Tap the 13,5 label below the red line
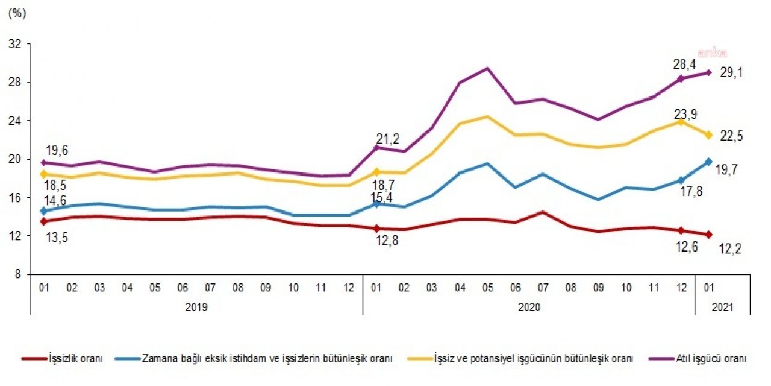click(x=55, y=238)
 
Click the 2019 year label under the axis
click(x=196, y=307)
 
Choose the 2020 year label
click(x=529, y=307)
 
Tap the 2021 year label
click(x=723, y=307)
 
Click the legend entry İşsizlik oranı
click(x=75, y=359)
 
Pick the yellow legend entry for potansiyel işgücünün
click(x=533, y=359)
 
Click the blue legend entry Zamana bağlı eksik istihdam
click(x=268, y=359)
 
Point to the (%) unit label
click(x=16, y=15)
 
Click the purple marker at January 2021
click(x=709, y=72)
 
